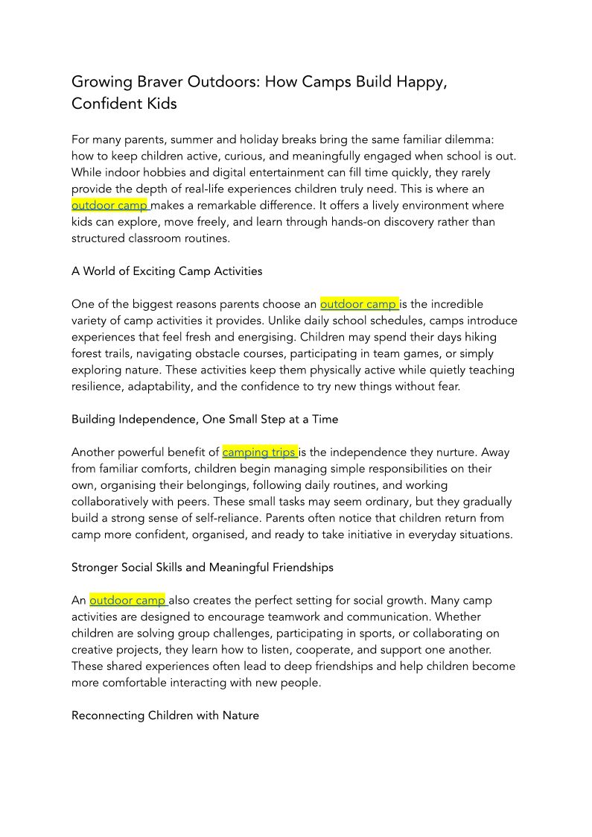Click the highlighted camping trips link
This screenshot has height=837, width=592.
tap(259, 452)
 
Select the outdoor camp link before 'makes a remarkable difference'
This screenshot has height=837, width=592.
tap(109, 205)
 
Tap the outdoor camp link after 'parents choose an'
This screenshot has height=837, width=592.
tap(358, 304)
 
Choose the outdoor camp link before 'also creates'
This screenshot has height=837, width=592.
tap(127, 600)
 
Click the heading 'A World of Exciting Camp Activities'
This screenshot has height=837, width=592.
tap(167, 271)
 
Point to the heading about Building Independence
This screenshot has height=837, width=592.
tap(205, 419)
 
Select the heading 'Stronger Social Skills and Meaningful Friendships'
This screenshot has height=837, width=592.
tap(203, 567)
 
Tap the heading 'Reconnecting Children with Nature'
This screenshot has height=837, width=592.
tap(165, 716)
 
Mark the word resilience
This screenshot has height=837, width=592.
tap(97, 386)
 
